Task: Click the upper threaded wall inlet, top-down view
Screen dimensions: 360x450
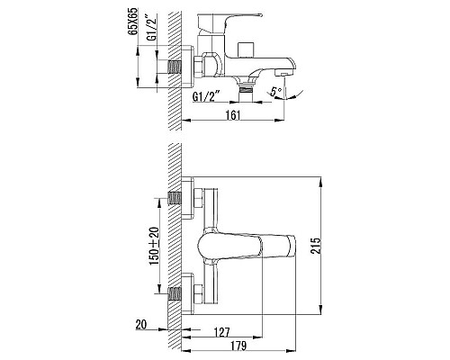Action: [176, 199]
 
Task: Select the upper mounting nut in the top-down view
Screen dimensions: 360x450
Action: [196, 199]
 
